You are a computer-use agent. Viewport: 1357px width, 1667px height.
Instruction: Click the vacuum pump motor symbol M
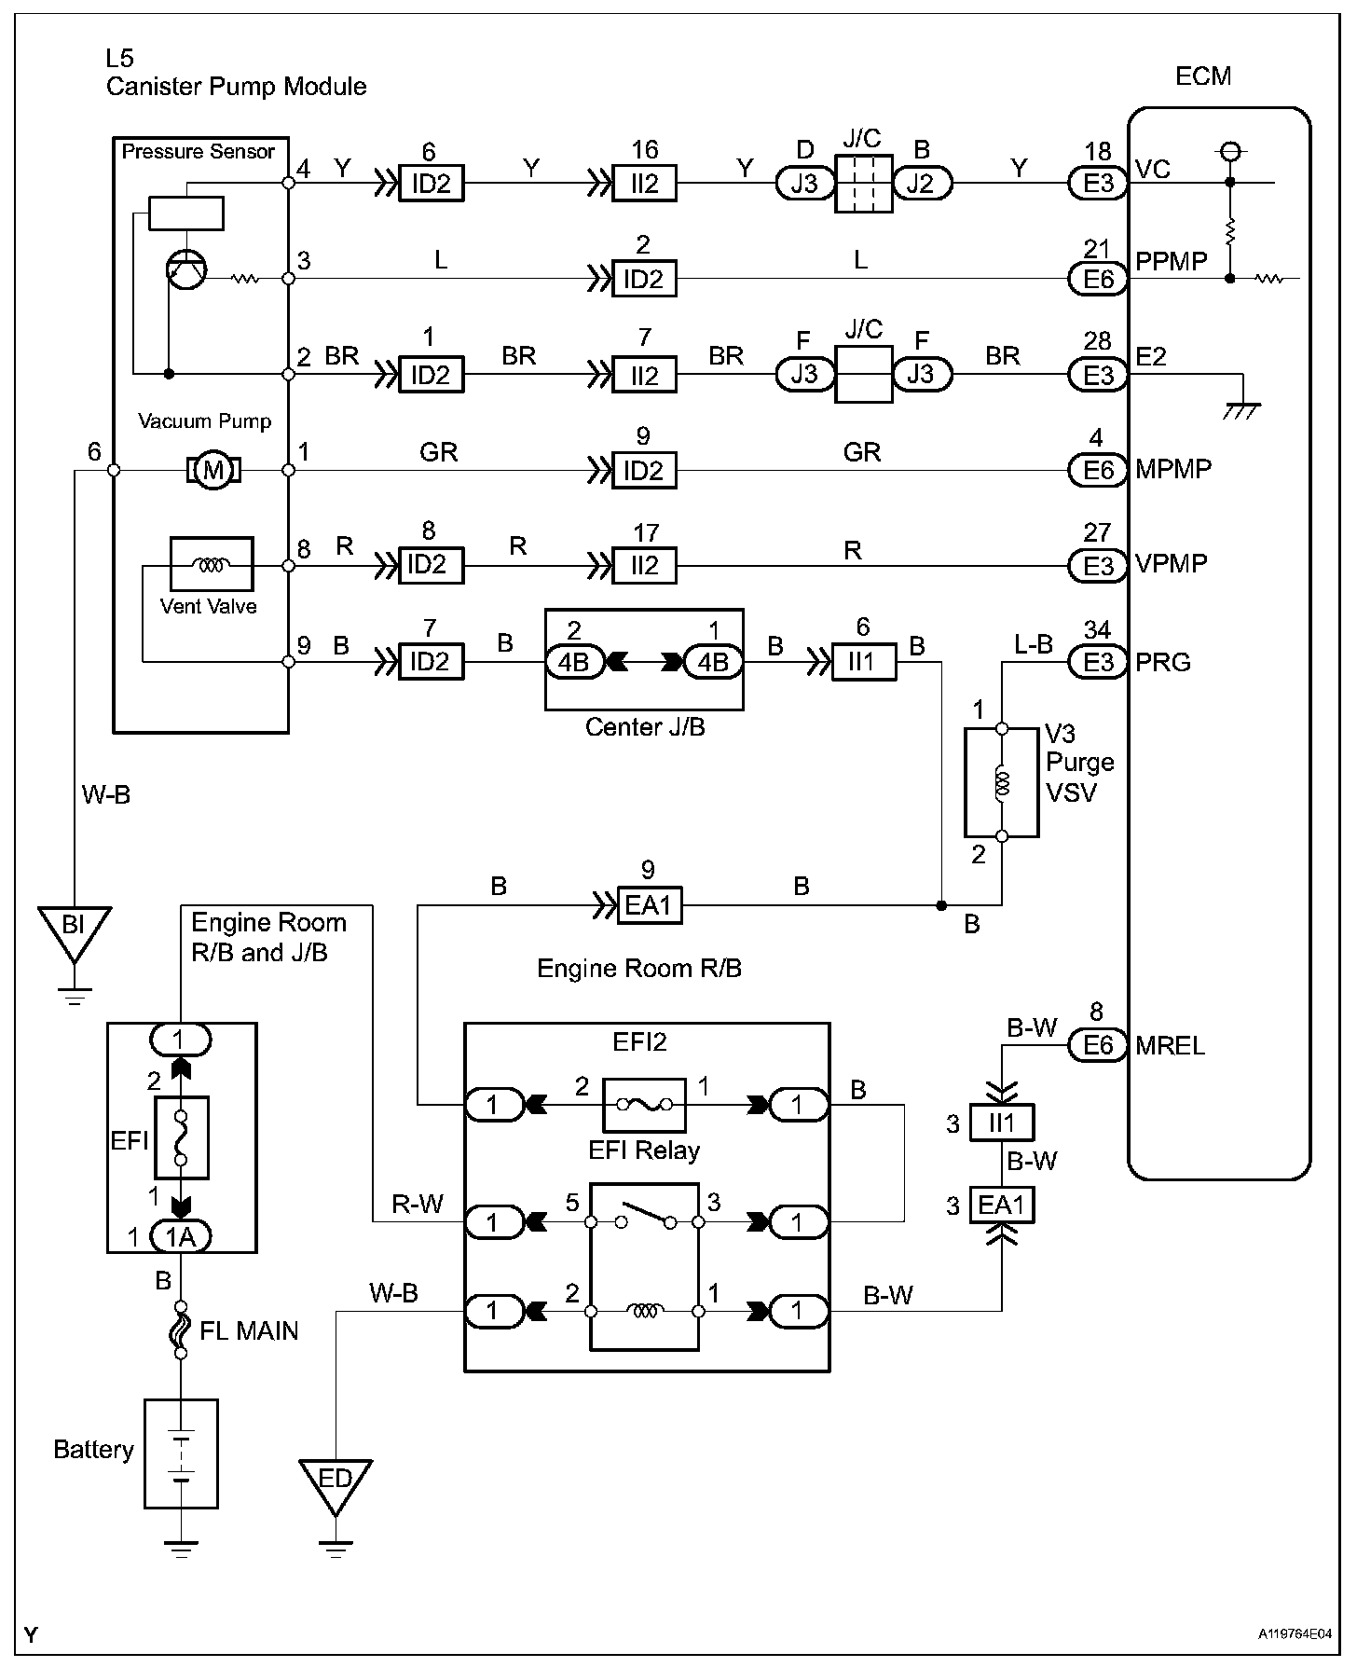[x=214, y=470]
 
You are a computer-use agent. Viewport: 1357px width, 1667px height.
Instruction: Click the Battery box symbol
[x=181, y=1453]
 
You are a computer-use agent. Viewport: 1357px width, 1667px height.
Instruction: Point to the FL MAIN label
[x=249, y=1330]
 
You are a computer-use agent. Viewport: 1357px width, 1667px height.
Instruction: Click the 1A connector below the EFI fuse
[x=181, y=1236]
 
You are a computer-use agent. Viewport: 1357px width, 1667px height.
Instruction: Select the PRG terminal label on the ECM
[x=1162, y=663]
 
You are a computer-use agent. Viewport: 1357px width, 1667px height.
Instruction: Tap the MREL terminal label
[x=1170, y=1045]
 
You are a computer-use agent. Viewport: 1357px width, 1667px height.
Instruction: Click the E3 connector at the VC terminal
[x=1098, y=184]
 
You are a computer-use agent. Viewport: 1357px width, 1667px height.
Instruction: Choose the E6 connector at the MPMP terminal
[x=1098, y=470]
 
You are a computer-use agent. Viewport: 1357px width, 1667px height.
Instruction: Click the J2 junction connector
[x=922, y=184]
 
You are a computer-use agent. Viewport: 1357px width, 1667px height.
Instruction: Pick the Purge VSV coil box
[x=1001, y=782]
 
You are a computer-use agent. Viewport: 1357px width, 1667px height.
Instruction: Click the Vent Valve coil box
[x=212, y=564]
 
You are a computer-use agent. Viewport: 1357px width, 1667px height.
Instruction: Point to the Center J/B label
[x=645, y=727]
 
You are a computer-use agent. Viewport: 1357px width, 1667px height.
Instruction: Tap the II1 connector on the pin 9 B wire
[x=864, y=663]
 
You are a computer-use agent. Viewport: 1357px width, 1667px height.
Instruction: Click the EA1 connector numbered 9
[x=650, y=904]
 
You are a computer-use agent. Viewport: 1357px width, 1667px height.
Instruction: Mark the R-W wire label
[x=417, y=1205]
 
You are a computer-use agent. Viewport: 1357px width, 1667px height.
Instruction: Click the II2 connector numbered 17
[x=644, y=565]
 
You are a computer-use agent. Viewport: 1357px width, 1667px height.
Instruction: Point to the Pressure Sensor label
[x=199, y=152]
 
